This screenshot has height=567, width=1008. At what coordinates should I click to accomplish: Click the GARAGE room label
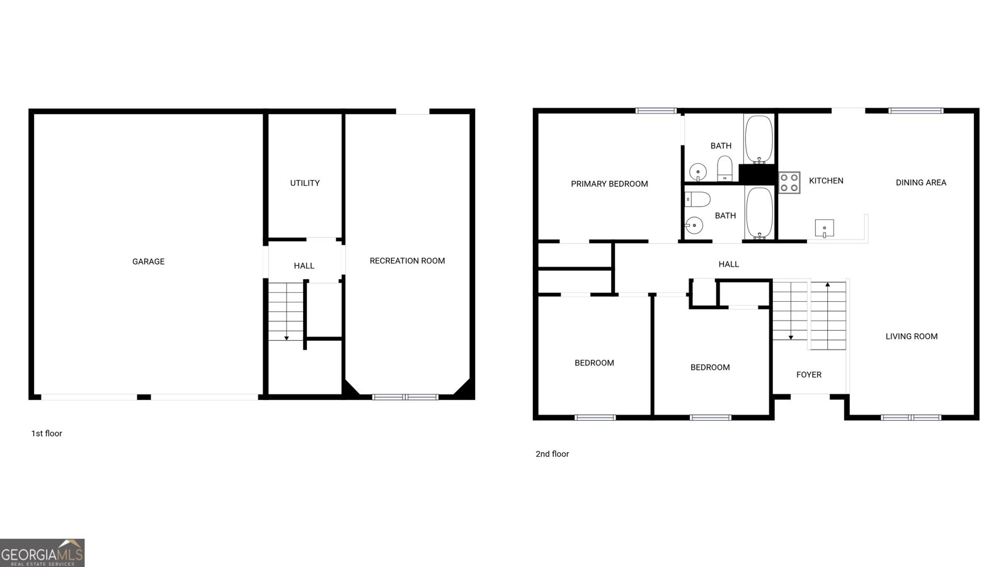(148, 261)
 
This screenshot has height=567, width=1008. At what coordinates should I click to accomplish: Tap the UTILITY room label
(305, 183)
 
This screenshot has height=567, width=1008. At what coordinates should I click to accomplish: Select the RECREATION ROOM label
(407, 261)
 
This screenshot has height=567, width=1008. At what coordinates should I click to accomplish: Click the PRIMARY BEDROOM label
(609, 184)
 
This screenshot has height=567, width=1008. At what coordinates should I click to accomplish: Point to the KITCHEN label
(826, 181)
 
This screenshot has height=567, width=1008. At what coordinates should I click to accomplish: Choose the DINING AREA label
(921, 183)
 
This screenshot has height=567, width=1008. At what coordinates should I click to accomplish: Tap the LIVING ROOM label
(912, 336)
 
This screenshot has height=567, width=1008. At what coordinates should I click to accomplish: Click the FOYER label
(809, 375)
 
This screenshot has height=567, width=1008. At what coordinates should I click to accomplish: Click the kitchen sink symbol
(824, 227)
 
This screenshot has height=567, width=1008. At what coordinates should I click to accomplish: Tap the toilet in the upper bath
(724, 168)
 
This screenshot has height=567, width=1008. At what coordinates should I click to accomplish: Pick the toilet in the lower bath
(697, 199)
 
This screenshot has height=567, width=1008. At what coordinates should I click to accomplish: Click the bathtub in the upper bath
(759, 140)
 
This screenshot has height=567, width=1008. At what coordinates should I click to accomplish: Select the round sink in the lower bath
(694, 225)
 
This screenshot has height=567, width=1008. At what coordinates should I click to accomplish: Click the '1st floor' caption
(47, 433)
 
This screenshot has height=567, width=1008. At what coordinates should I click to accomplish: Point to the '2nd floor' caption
(552, 454)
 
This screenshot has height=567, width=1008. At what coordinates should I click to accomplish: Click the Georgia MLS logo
(42, 553)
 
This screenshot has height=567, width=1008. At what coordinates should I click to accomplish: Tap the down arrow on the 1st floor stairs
(286, 338)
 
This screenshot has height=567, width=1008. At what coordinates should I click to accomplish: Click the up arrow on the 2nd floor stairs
(827, 285)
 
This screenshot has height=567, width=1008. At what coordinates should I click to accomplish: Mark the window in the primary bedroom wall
(656, 111)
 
